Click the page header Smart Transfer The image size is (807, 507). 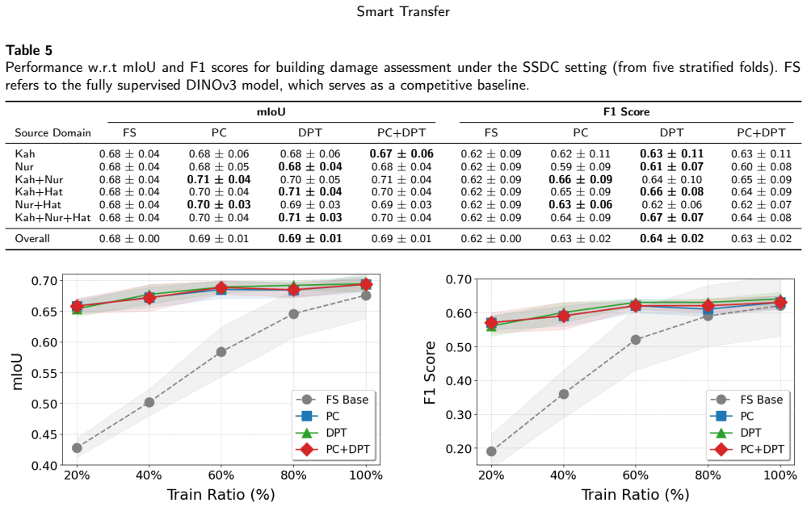click(x=403, y=12)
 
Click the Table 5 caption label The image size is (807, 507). click(x=29, y=50)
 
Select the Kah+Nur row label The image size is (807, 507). click(x=39, y=179)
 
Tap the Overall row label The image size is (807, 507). click(x=32, y=239)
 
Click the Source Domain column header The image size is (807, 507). click(x=53, y=132)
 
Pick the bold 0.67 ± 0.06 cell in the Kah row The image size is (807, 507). click(x=401, y=153)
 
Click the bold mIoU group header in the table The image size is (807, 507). click(x=271, y=111)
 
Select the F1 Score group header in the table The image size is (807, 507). click(x=626, y=111)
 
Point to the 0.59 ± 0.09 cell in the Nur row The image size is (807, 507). click(x=581, y=166)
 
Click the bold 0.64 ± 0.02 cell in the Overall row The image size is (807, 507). click(x=671, y=239)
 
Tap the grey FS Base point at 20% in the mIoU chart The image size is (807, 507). click(x=78, y=448)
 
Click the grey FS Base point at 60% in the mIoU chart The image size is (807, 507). click(x=221, y=352)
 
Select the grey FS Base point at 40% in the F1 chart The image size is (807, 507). click(x=564, y=394)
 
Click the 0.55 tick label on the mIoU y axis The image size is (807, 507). click(x=44, y=373)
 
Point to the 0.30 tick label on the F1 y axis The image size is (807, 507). click(x=459, y=414)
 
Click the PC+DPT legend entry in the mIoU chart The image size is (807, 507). click(x=333, y=449)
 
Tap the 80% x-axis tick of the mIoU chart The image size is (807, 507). click(x=293, y=476)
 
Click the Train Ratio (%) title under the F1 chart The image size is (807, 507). click(x=635, y=495)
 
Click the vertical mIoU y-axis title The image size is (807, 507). click(x=17, y=371)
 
